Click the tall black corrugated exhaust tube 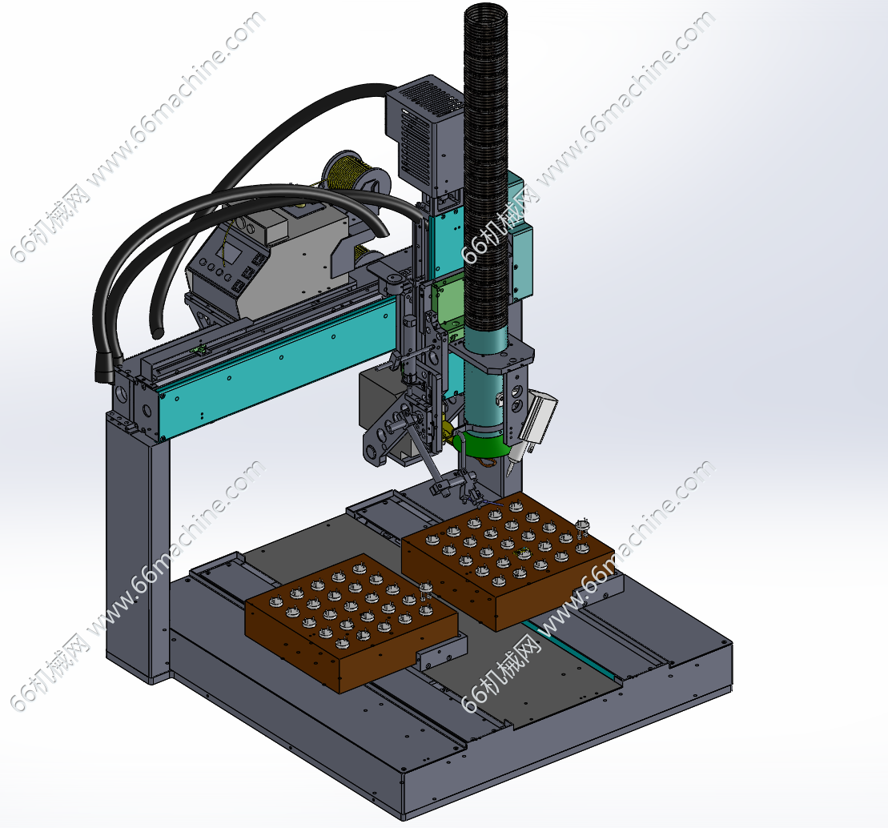pyautogui.click(x=486, y=170)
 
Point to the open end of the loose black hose pyautogui.click(x=155, y=332)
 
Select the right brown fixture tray pyautogui.click(x=508, y=559)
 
